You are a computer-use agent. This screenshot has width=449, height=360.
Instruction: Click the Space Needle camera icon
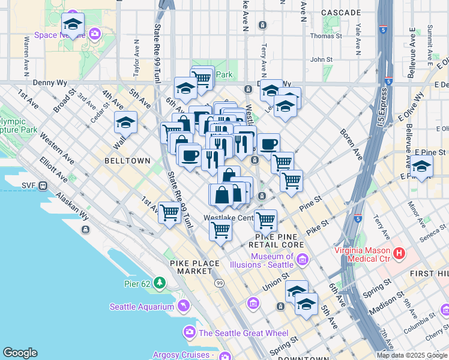(x=94, y=34)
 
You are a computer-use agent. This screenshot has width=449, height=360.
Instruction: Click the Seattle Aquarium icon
(x=184, y=307)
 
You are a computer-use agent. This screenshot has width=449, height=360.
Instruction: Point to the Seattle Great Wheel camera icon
(x=190, y=332)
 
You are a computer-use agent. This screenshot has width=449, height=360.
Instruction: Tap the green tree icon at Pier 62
(x=160, y=282)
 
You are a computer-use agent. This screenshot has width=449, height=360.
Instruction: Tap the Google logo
(x=20, y=353)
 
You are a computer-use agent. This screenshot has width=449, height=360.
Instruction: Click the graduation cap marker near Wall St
(x=125, y=122)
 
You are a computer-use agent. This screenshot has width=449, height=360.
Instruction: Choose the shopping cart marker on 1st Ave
(x=170, y=211)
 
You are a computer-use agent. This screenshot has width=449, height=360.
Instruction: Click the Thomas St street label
(x=325, y=36)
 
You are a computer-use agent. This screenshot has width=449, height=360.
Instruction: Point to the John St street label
(x=321, y=60)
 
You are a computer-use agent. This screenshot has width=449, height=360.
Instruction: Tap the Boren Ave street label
(x=351, y=145)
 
